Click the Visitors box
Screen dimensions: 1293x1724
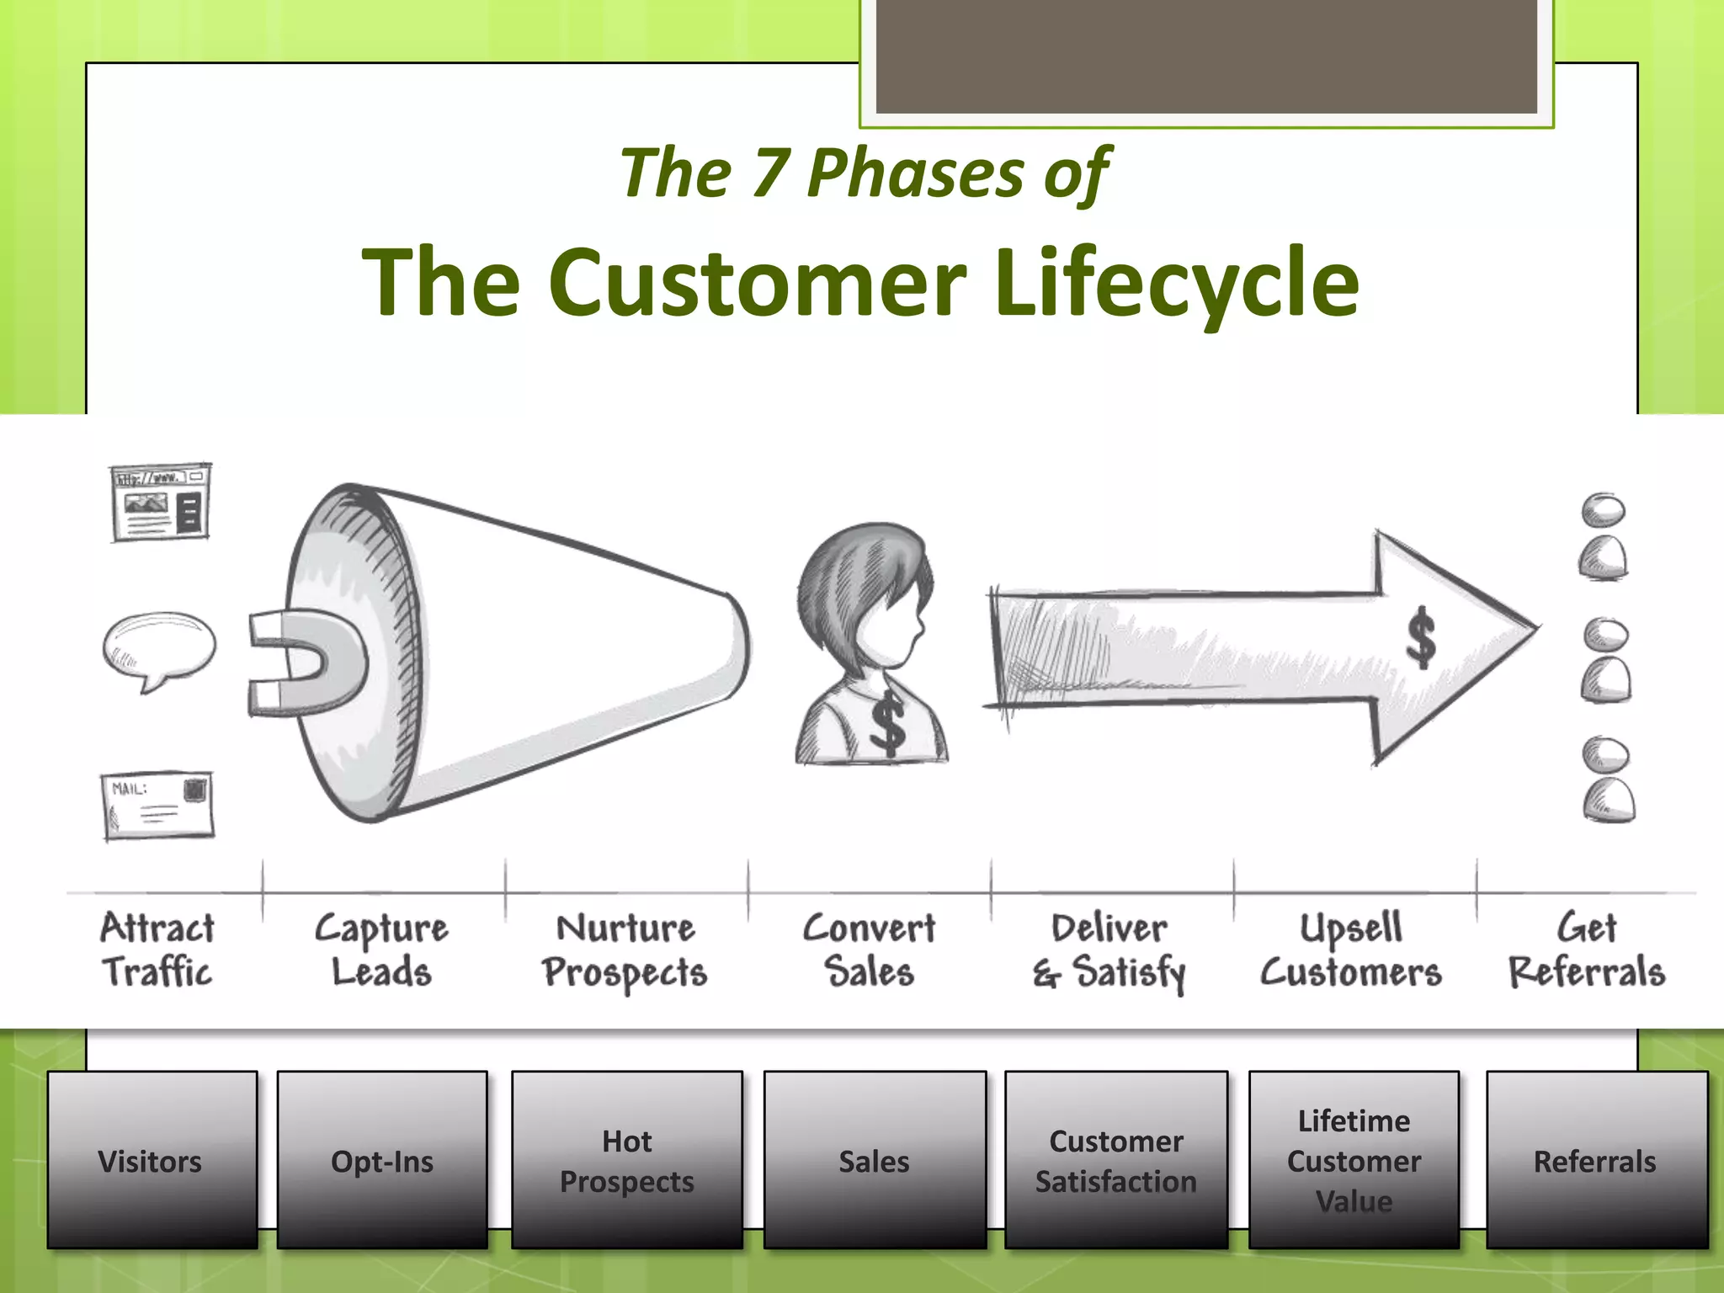coord(152,1160)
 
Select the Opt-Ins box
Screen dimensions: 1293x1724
coord(382,1160)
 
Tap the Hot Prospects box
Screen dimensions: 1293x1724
coord(627,1160)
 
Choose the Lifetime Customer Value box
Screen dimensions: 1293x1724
coord(1354,1160)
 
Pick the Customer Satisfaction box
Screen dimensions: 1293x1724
coord(1116,1160)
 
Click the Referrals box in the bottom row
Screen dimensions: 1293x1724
coord(1596,1160)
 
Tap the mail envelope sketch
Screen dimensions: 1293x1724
coord(158,805)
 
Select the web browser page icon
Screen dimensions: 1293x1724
coord(160,502)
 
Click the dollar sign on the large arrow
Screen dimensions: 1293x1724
coord(1421,637)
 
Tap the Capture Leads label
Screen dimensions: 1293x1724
coord(381,950)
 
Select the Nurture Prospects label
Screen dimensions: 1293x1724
coord(625,950)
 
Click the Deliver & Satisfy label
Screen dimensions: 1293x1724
coord(1109,950)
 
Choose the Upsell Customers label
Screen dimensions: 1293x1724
coord(1351,950)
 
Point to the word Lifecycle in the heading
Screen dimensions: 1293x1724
coord(1176,282)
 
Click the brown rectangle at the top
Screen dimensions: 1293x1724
coord(1205,56)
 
